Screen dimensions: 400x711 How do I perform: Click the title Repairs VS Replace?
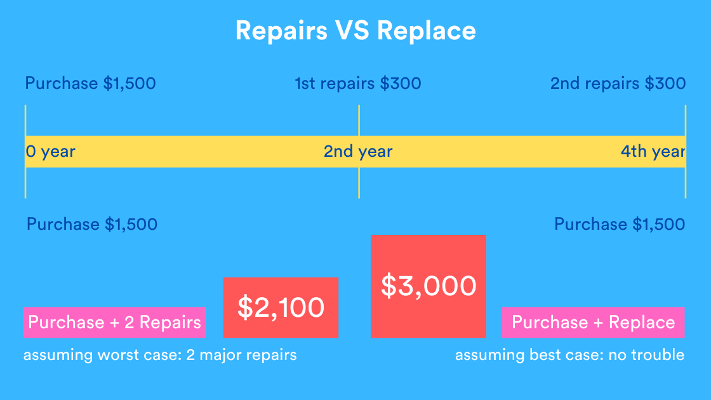point(355,30)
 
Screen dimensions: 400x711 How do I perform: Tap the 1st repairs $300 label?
point(358,84)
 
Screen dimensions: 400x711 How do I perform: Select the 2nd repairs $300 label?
point(618,84)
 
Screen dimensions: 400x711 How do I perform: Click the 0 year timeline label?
point(50,152)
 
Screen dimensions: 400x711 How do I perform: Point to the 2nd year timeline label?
point(358,152)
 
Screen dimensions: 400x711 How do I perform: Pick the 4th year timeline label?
point(653,152)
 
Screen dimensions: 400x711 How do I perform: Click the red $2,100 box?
point(281,307)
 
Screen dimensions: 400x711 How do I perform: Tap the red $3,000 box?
point(429,286)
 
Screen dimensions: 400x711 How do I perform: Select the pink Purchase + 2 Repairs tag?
point(114,322)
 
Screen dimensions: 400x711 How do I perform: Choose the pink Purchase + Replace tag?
point(593,322)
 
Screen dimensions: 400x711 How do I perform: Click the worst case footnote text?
point(160,355)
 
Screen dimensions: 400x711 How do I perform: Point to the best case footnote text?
point(569,355)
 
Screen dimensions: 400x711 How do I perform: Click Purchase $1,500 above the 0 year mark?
point(90,84)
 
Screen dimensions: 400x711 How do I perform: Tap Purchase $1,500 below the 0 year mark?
point(92,224)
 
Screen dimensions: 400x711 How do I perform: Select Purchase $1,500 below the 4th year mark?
point(620,224)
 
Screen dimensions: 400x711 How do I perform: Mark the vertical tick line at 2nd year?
point(359,184)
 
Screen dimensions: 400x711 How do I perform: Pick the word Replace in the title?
point(434,30)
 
